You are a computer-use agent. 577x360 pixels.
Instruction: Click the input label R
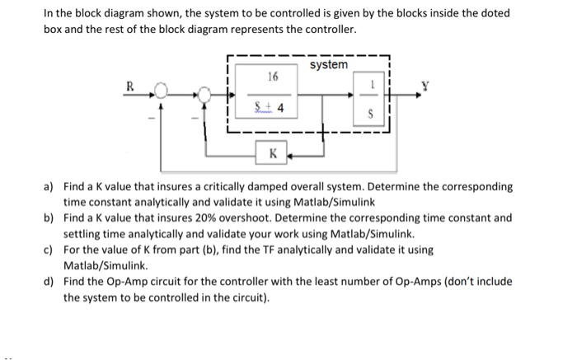click(x=129, y=85)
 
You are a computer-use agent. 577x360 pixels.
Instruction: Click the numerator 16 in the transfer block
click(x=273, y=77)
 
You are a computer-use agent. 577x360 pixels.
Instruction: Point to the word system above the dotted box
click(x=329, y=64)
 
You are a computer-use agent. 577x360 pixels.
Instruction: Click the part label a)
click(x=49, y=187)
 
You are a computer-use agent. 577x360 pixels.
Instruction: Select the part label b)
click(x=49, y=218)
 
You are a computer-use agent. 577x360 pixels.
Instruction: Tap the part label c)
click(x=49, y=250)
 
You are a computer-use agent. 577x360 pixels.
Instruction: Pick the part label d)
click(x=49, y=281)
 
